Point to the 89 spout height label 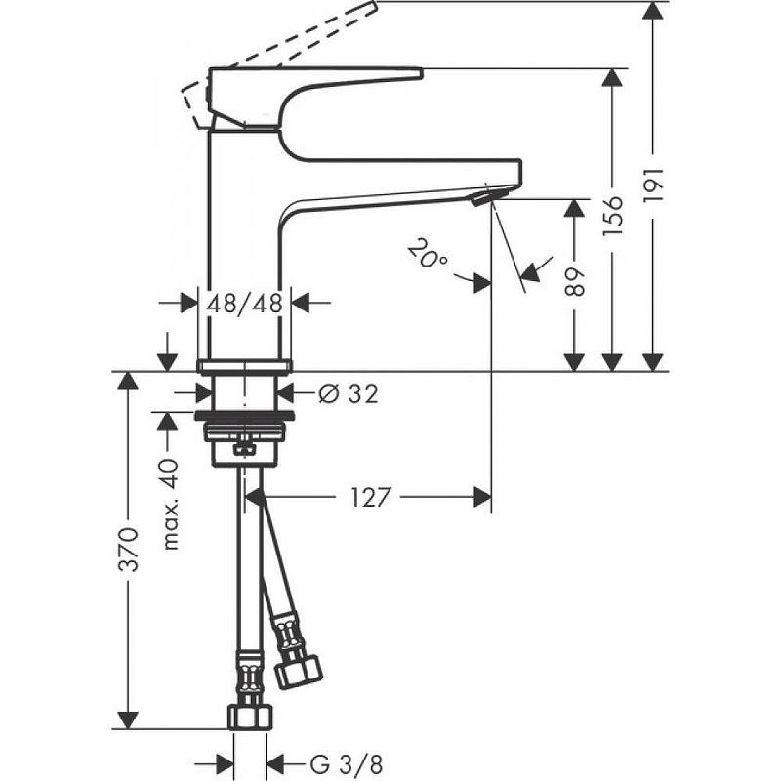point(576,282)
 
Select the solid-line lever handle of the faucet point(312,88)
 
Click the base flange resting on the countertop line point(244,366)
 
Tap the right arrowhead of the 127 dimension point(480,497)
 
